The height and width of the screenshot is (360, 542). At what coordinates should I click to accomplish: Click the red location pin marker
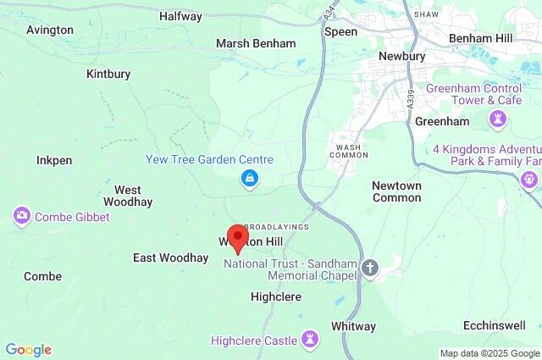click(x=238, y=238)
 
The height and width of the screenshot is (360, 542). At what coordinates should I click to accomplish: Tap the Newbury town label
click(x=401, y=56)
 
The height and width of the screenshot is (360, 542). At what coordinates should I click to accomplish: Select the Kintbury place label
click(x=108, y=74)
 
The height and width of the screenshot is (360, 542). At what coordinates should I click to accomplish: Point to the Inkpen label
click(x=54, y=160)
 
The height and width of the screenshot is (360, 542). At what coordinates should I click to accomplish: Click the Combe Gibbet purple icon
click(x=21, y=216)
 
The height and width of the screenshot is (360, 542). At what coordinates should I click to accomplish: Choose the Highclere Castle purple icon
click(x=311, y=340)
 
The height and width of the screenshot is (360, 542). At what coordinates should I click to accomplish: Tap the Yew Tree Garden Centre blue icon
click(x=249, y=178)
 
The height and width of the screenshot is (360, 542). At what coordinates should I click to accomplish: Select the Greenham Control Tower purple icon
click(x=497, y=120)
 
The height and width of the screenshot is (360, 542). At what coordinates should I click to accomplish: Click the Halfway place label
click(x=180, y=16)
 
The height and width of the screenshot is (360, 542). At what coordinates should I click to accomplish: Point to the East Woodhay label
click(x=170, y=258)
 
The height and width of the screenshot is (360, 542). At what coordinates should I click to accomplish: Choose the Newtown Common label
click(x=396, y=191)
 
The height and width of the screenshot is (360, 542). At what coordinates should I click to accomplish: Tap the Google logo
click(x=28, y=350)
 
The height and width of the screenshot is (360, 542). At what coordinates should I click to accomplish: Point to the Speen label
click(x=340, y=31)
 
